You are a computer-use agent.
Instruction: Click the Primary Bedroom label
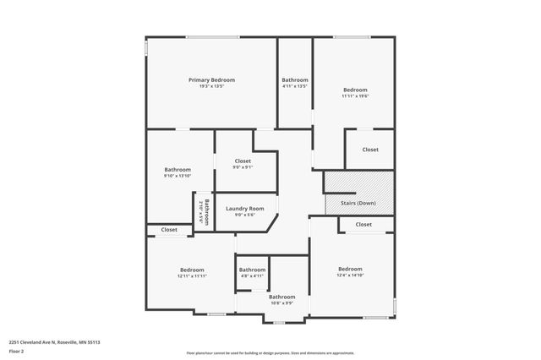[x=211, y=79]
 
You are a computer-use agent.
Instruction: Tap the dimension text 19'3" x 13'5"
[x=211, y=85]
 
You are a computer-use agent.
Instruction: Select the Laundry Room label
[x=245, y=208]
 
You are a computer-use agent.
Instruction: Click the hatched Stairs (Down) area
[x=359, y=193]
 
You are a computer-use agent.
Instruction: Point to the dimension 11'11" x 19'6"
[x=355, y=95]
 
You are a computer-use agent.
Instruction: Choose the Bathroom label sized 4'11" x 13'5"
[x=295, y=79]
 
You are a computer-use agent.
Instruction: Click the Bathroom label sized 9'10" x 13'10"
[x=178, y=169]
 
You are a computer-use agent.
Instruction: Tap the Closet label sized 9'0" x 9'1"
[x=243, y=161]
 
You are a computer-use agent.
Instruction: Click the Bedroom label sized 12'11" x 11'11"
[x=193, y=270]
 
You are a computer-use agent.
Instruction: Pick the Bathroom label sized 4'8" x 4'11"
[x=252, y=270]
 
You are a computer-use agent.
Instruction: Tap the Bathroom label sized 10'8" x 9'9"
[x=282, y=297]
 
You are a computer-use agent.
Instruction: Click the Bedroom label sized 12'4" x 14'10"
[x=350, y=269]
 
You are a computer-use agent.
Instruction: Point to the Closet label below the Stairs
[x=363, y=225]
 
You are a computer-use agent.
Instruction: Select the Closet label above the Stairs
[x=370, y=150]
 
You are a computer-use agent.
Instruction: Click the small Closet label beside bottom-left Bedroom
[x=169, y=230]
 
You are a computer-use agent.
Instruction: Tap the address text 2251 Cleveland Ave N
[x=55, y=341]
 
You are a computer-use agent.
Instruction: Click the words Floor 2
[x=17, y=351]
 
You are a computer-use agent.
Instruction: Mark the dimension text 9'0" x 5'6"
[x=245, y=215]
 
